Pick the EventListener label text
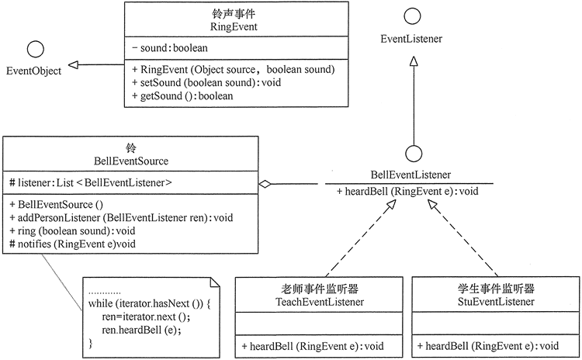coord(411,37)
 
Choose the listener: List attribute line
coord(91,183)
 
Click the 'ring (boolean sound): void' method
coord(69,230)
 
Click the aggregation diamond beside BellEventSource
coord(265,185)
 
